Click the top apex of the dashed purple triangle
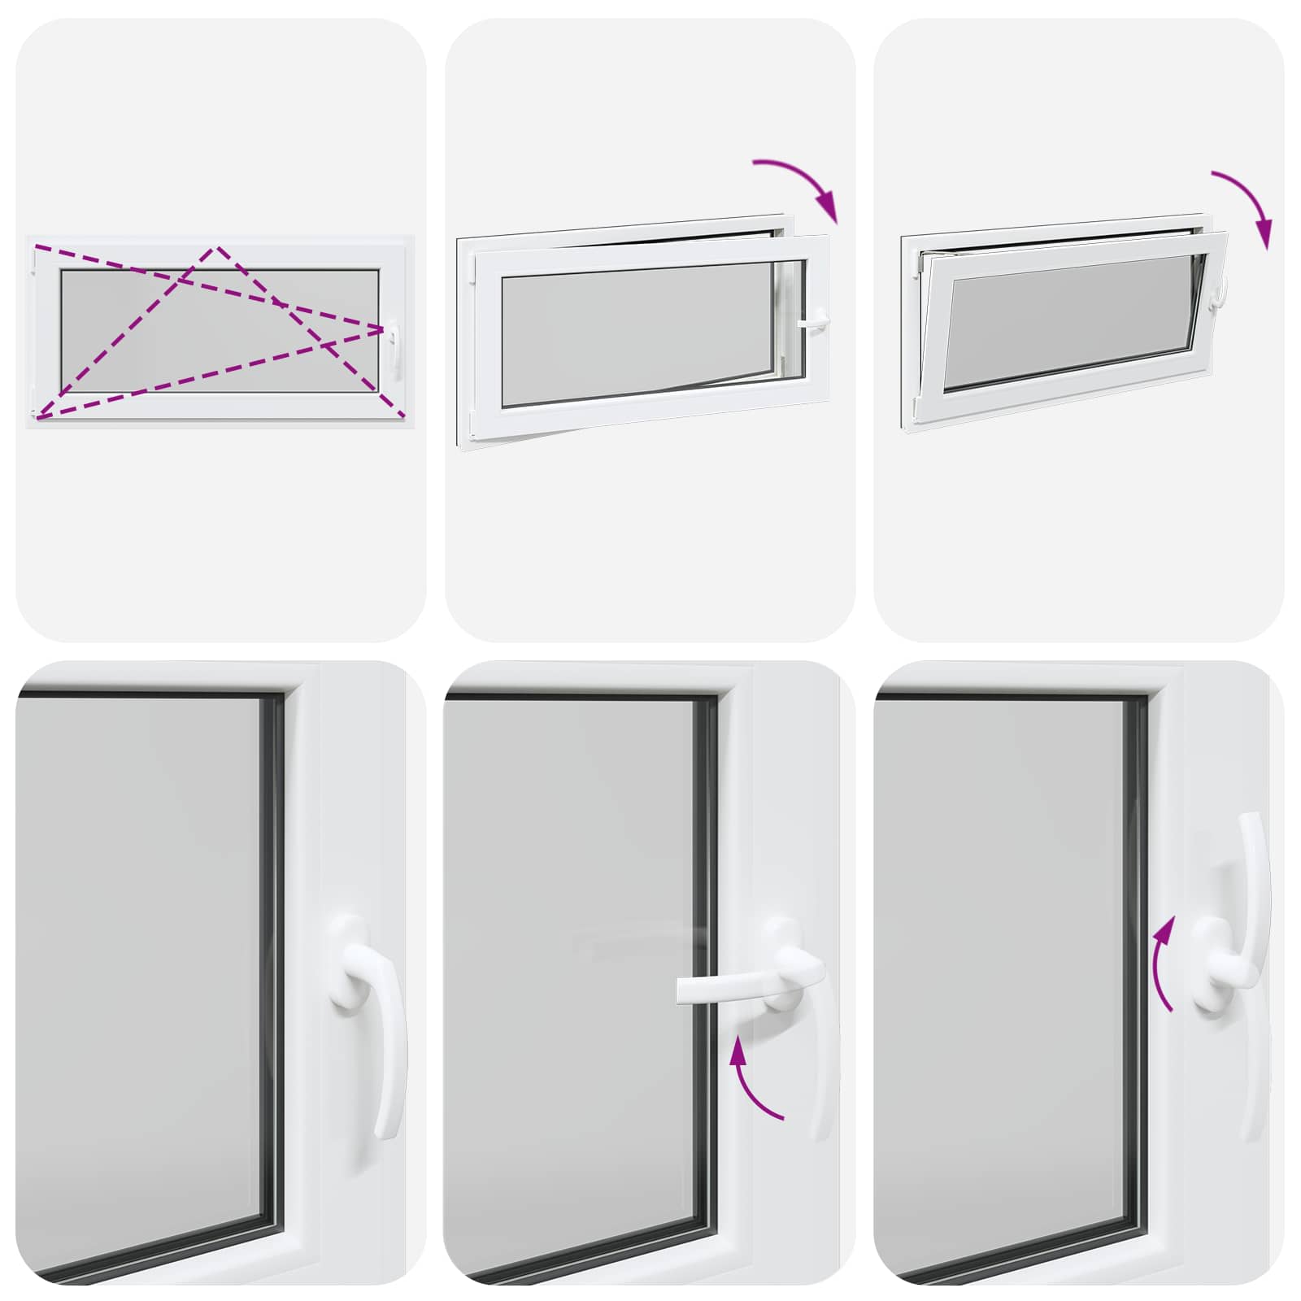click(215, 248)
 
